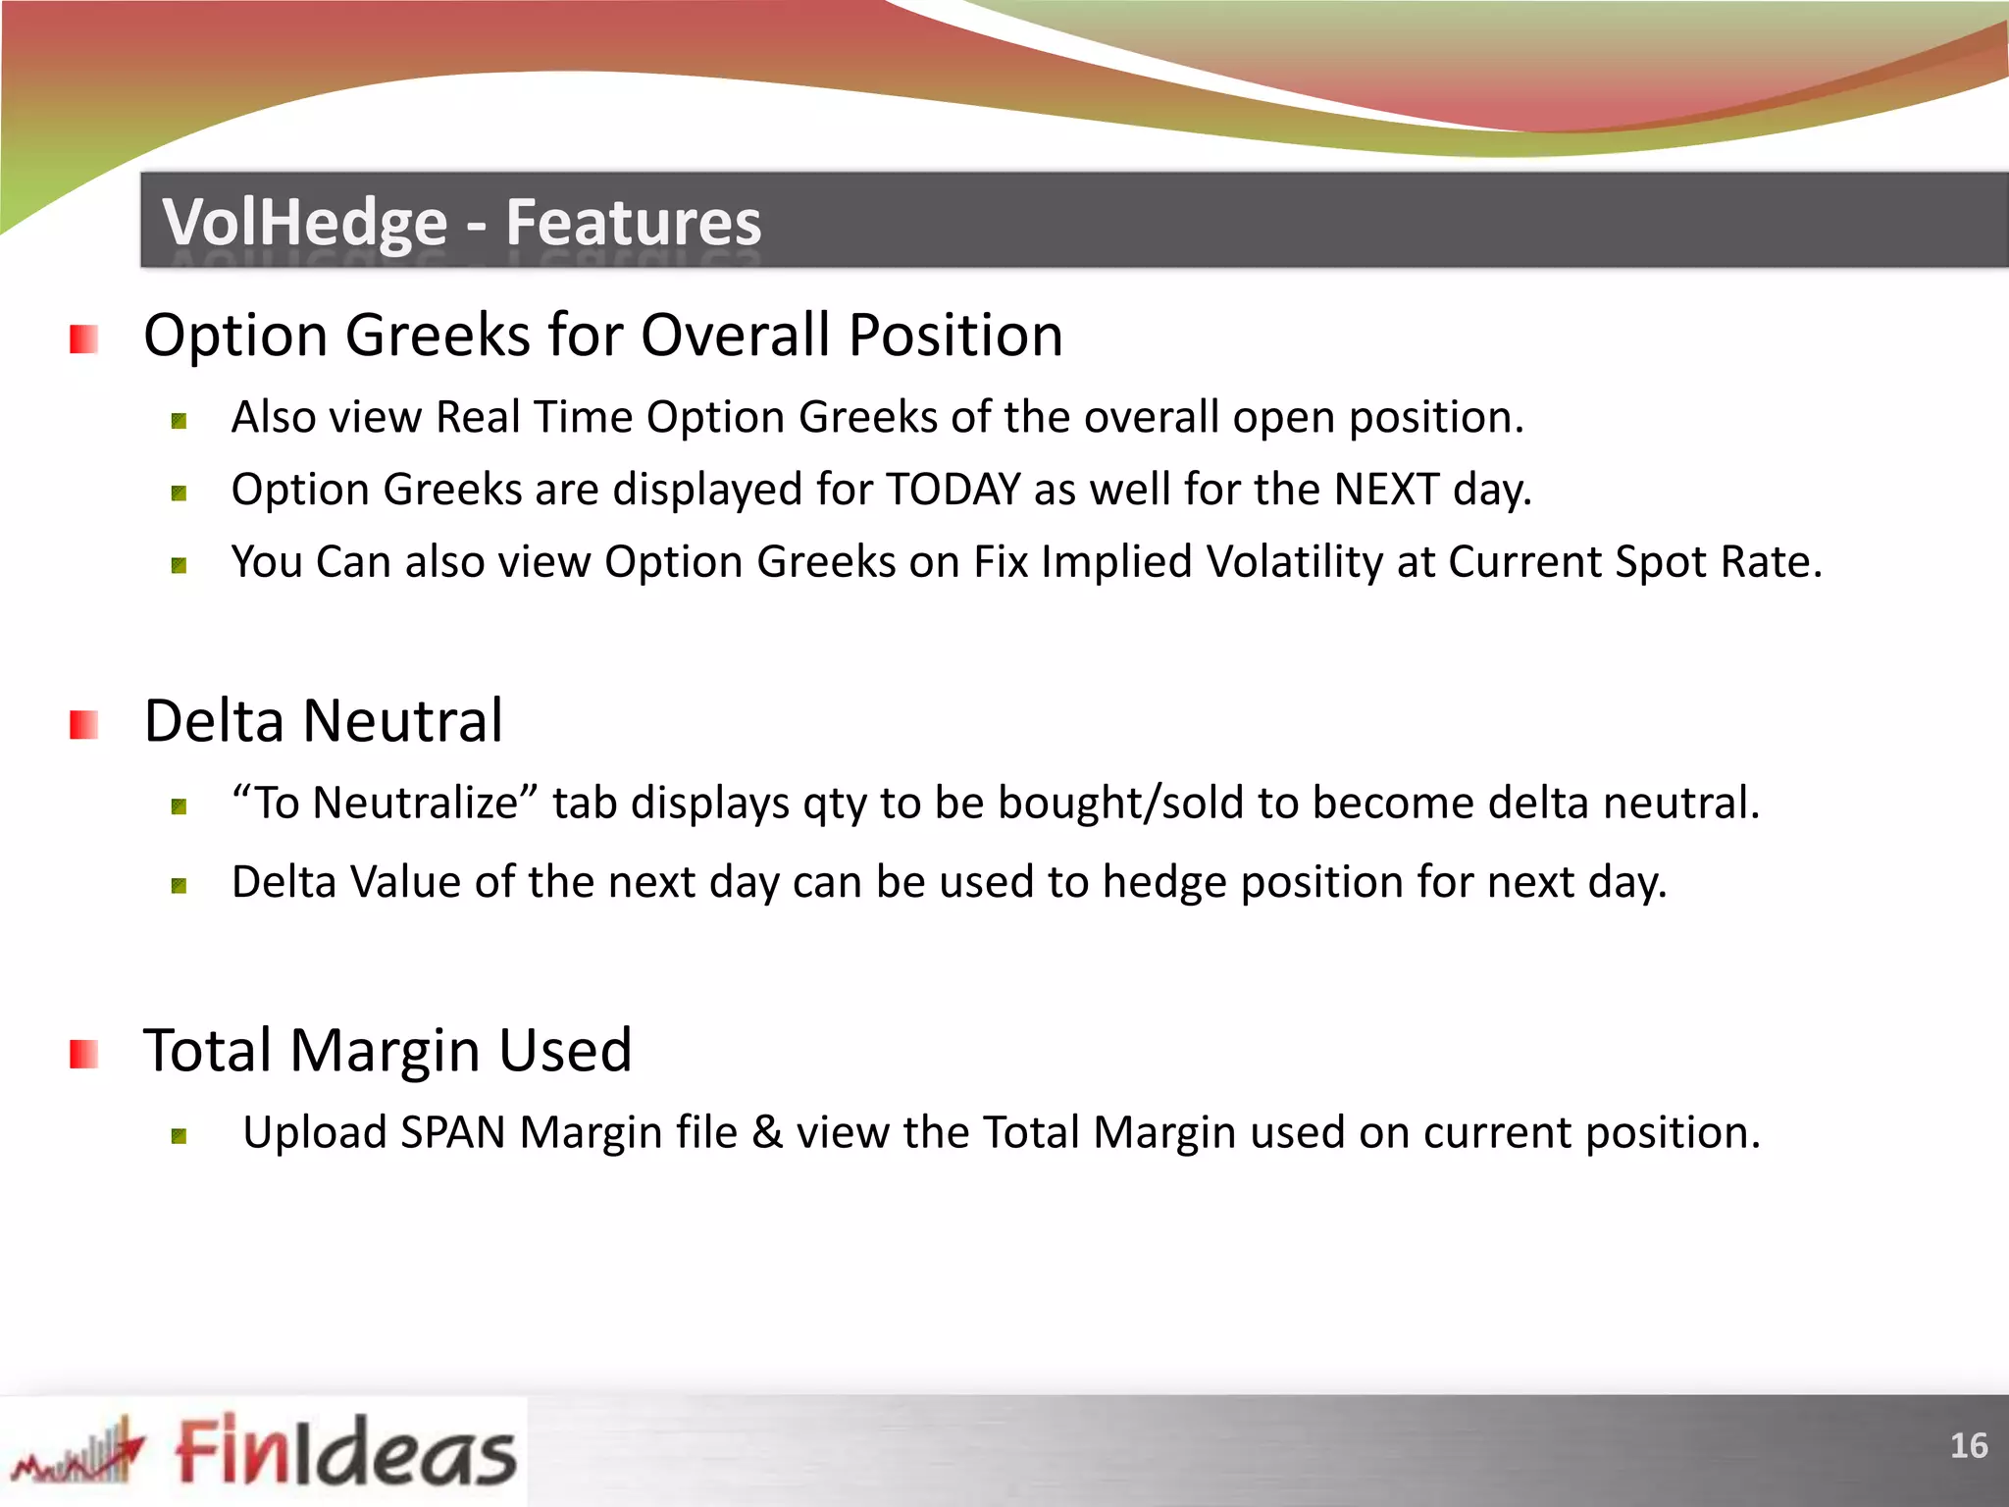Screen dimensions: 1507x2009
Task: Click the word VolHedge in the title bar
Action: click(304, 223)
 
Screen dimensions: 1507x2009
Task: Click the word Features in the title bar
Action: click(633, 223)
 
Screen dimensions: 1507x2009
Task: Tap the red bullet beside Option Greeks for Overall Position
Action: click(83, 339)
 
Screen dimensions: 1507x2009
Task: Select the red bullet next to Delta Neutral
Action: click(83, 725)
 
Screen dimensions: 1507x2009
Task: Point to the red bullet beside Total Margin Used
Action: click(83, 1055)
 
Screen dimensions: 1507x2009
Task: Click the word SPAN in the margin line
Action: click(452, 1133)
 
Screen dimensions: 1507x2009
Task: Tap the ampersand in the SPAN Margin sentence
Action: click(767, 1133)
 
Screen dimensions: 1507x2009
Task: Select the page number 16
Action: click(1968, 1446)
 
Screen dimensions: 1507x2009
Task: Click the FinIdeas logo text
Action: click(345, 1451)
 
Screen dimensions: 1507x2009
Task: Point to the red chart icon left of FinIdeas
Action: click(78, 1452)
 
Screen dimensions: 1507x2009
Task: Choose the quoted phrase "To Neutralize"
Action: click(385, 804)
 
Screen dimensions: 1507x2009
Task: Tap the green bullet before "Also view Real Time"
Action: click(179, 422)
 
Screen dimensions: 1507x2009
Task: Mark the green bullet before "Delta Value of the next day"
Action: click(179, 886)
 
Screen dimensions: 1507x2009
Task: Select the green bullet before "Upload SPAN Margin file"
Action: click(179, 1136)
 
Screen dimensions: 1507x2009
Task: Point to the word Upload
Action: click(314, 1133)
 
